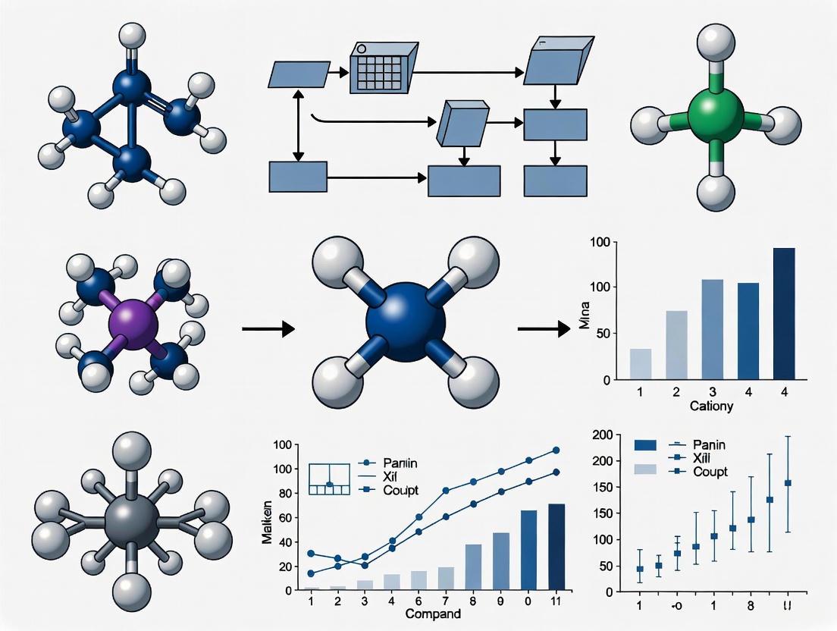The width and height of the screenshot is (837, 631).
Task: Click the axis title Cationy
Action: click(711, 407)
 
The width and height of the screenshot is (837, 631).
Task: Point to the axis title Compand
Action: click(433, 613)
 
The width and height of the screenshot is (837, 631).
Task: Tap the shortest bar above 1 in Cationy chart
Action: click(641, 364)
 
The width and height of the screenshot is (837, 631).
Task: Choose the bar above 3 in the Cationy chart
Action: click(712, 329)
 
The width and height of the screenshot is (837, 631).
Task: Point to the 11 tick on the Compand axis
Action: click(555, 600)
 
